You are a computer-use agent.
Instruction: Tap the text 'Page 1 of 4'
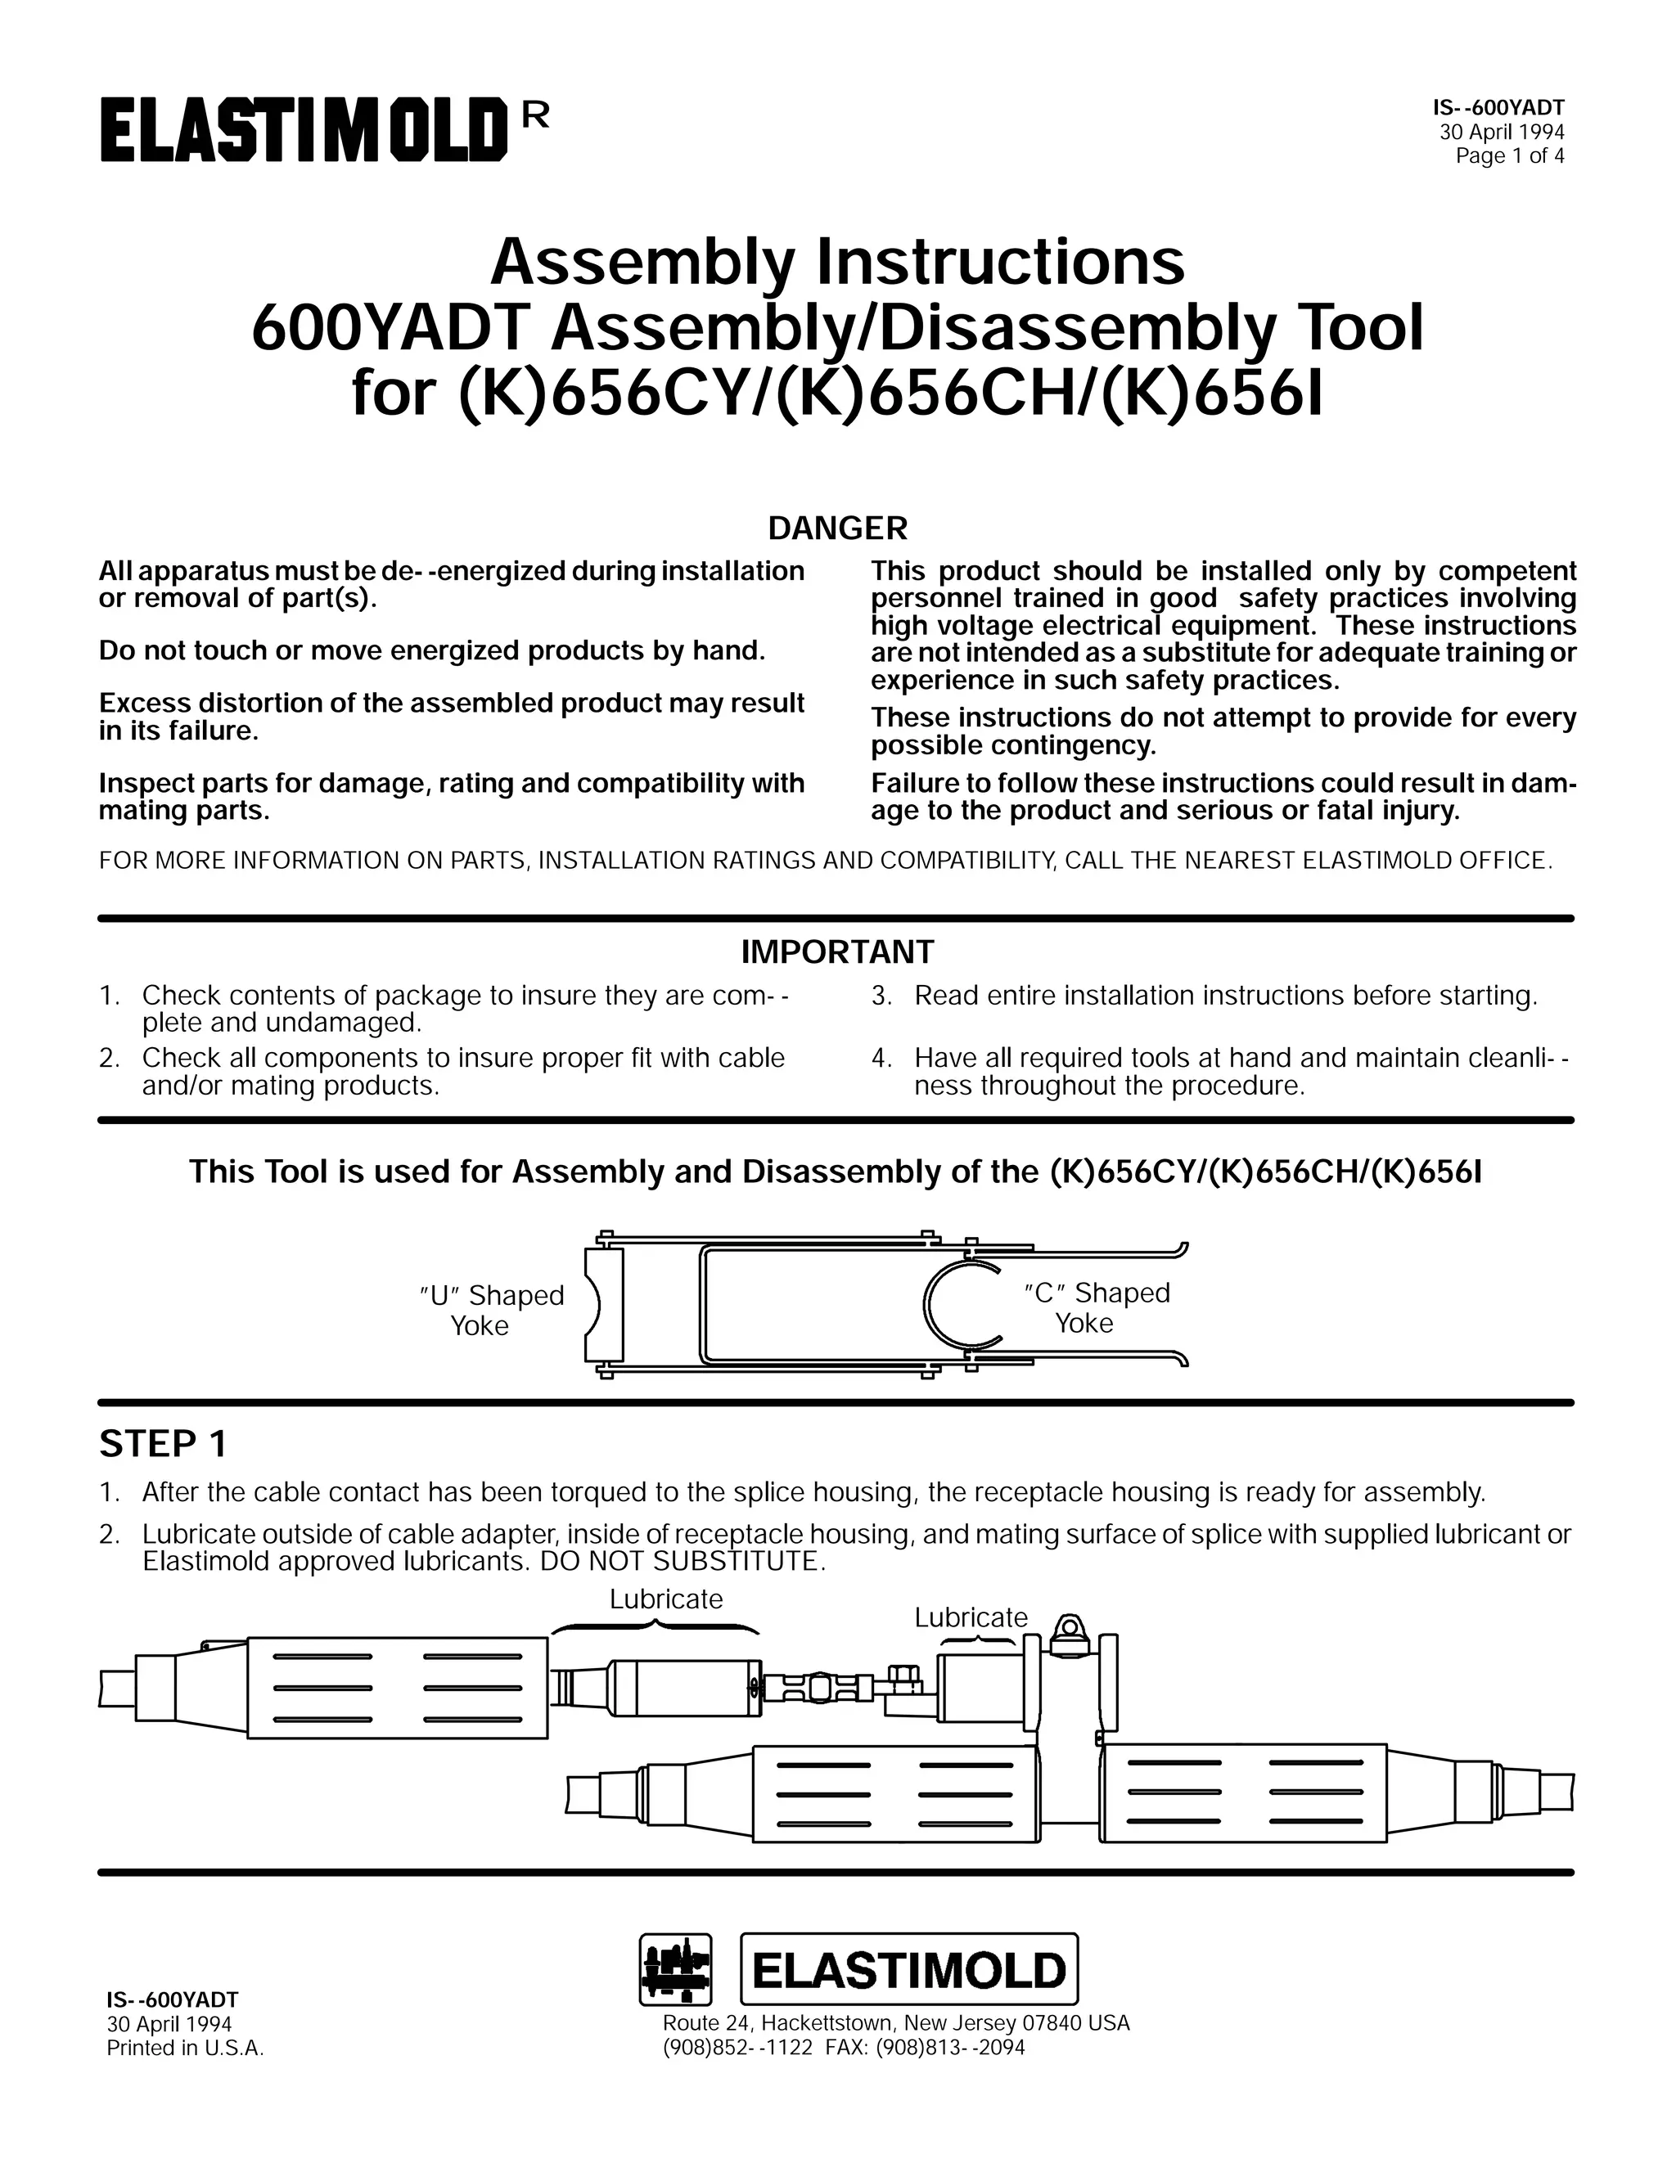click(1509, 155)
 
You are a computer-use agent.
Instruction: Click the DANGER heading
click(837, 529)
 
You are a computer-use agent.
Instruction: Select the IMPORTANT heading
click(837, 952)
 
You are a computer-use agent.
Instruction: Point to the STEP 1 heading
click(163, 1443)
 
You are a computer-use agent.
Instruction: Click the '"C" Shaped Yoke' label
click(1095, 1307)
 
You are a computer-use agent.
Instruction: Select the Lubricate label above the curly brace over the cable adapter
click(665, 1599)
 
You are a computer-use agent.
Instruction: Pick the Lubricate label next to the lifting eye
click(970, 1617)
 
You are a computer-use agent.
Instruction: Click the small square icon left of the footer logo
click(675, 1969)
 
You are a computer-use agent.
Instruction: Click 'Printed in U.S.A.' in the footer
click(185, 2048)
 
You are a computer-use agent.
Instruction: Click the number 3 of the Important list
click(879, 995)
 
